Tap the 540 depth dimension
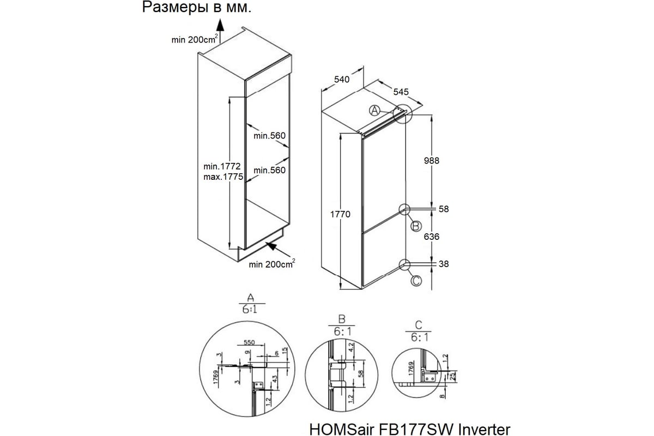[x=342, y=80]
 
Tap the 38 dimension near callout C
[x=444, y=264]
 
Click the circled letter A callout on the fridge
[x=374, y=111]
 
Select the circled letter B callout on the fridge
[x=415, y=226]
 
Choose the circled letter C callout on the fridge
[x=415, y=281]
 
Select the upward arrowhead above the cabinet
[x=220, y=25]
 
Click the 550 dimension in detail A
[x=249, y=343]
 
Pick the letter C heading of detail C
[x=417, y=326]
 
